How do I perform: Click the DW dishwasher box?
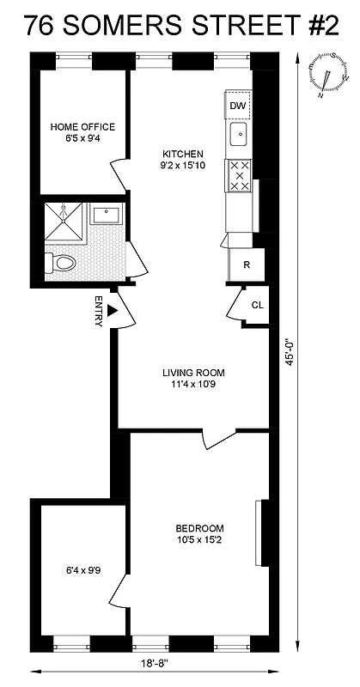tap(238, 106)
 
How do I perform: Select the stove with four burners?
tap(238, 176)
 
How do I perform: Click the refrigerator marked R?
tap(246, 264)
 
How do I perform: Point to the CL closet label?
tap(257, 305)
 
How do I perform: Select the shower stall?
tap(64, 221)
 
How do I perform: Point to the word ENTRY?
tap(99, 311)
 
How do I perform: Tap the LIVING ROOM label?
tap(193, 373)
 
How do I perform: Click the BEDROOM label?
tap(199, 528)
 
